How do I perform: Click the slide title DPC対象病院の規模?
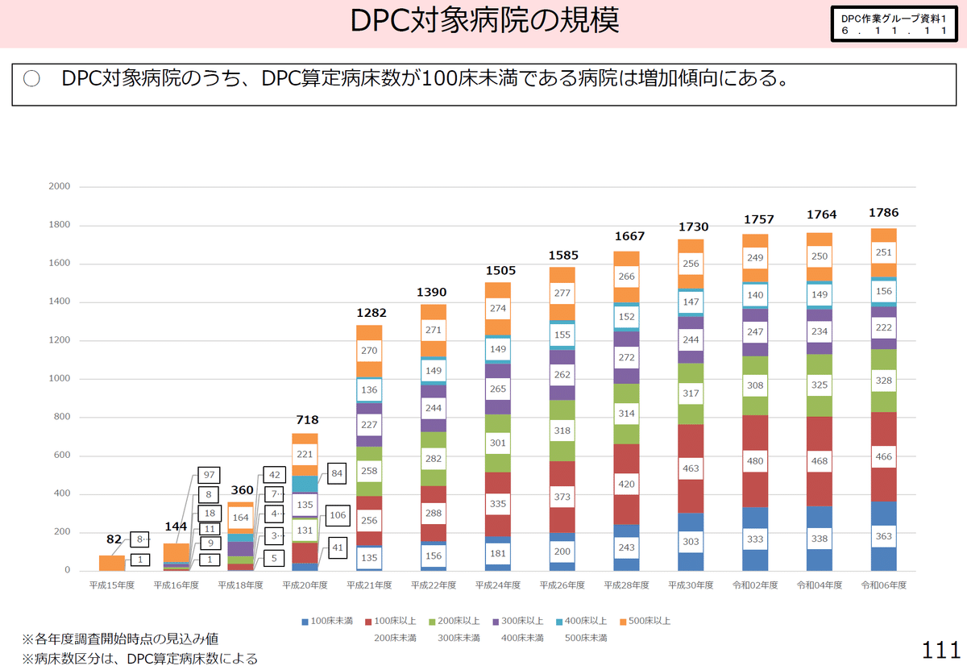(484, 22)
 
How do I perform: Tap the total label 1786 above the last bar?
(883, 213)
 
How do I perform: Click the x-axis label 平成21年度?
(370, 585)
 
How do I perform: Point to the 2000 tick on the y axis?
(60, 186)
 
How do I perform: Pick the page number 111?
(940, 649)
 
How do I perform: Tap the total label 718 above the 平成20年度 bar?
(307, 420)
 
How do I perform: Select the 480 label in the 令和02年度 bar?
(756, 462)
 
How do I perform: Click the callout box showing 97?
(209, 476)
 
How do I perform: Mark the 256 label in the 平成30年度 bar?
(691, 264)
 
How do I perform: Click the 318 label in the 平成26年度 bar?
(562, 431)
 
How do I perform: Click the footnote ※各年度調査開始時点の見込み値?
(120, 639)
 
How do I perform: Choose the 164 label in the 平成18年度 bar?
(241, 517)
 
